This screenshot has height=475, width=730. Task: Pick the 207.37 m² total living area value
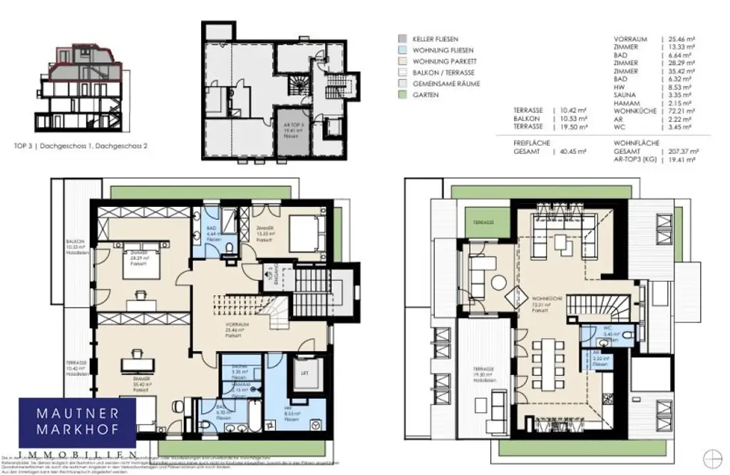point(679,152)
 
